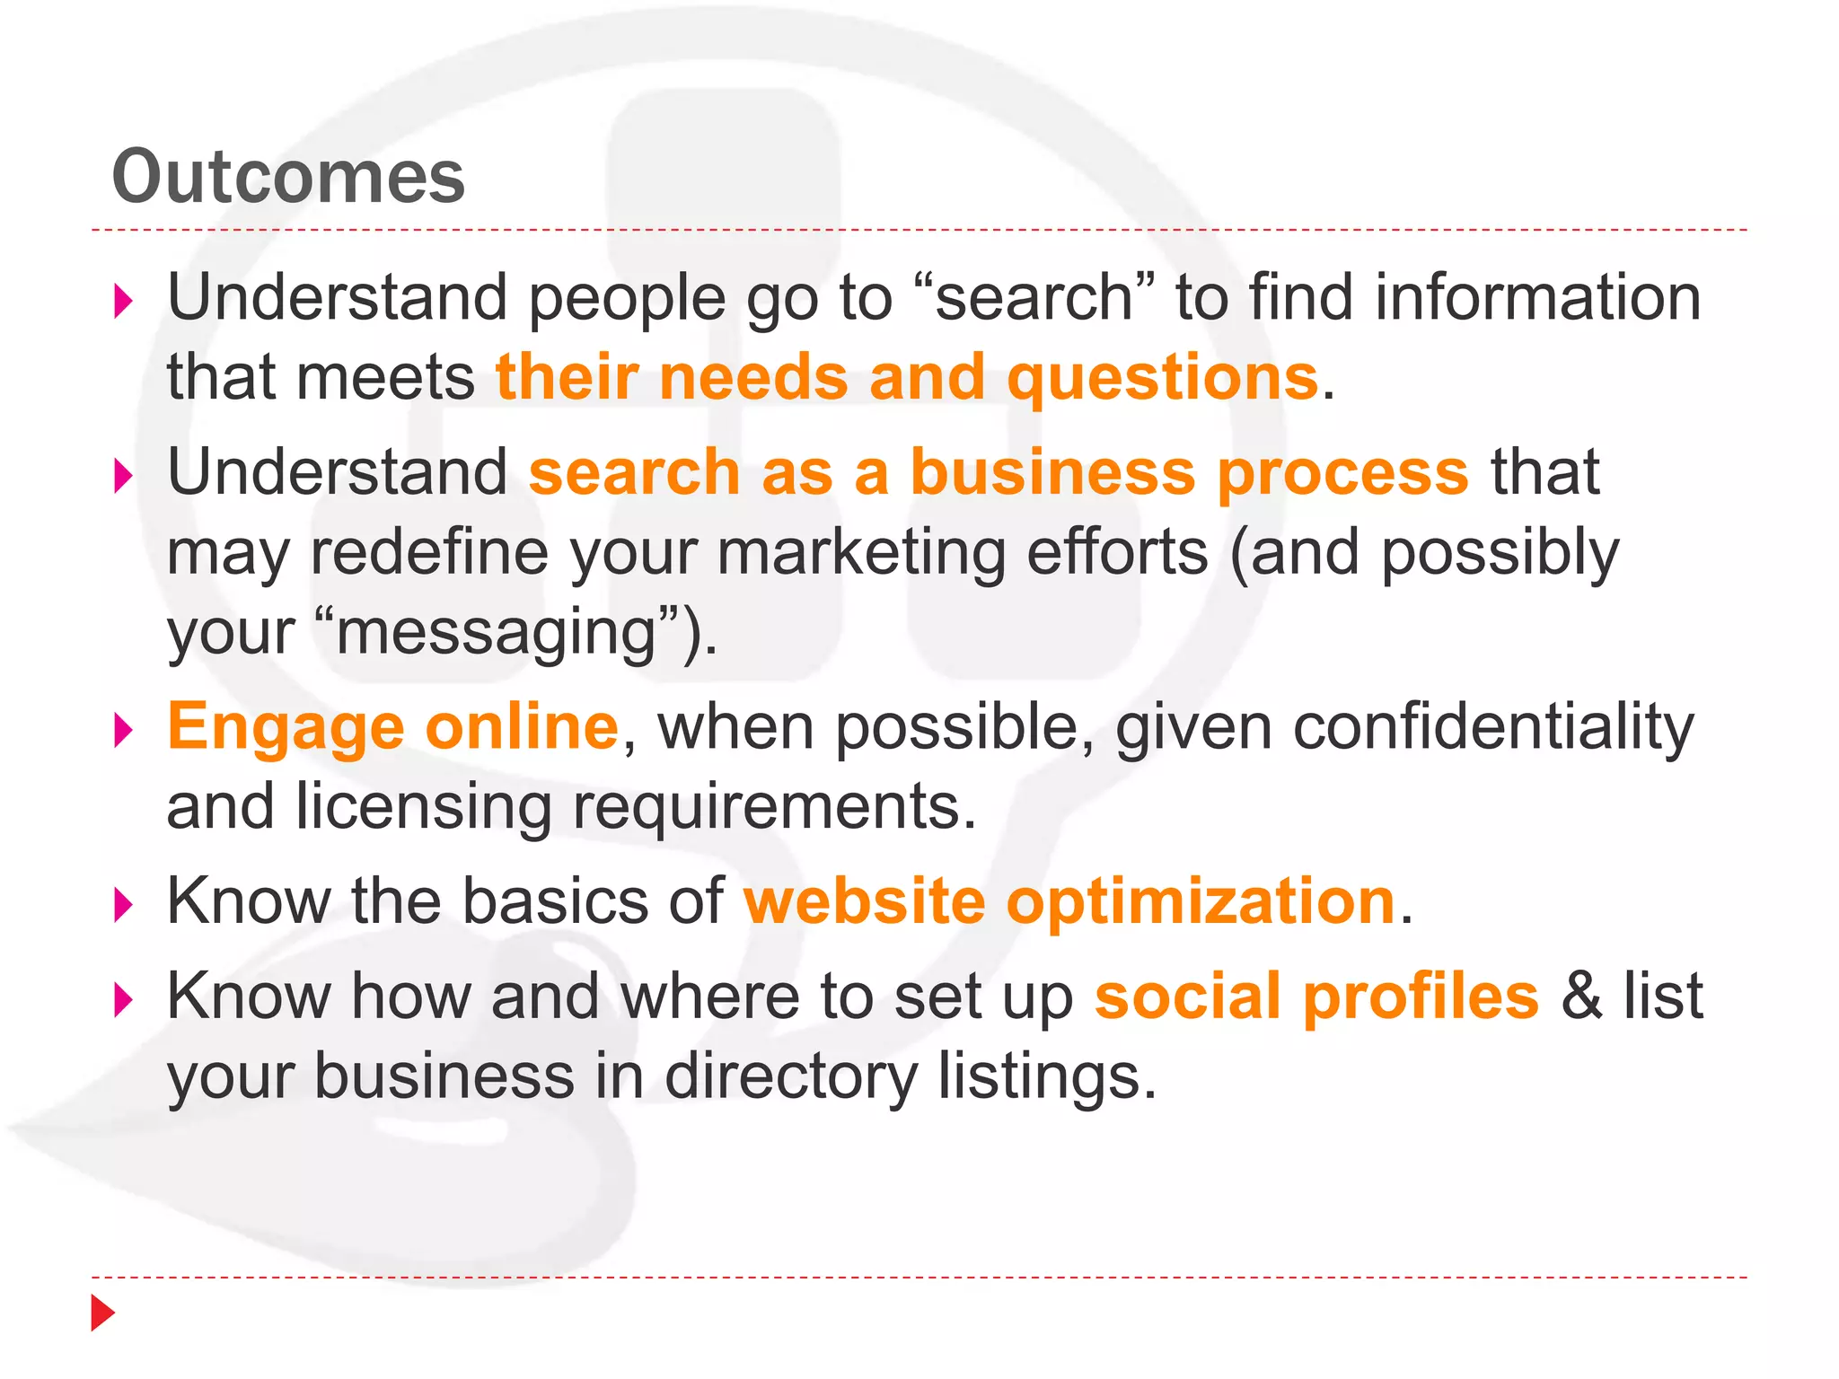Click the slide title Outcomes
(288, 177)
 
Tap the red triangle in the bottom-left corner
(102, 1313)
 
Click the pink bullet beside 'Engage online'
(124, 730)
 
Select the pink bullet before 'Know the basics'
(124, 905)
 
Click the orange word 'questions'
(1162, 378)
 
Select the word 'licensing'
(423, 806)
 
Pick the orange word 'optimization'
(1201, 902)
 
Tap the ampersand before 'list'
(1581, 996)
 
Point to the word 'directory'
(791, 1077)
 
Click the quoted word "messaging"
(496, 632)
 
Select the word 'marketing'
(861, 553)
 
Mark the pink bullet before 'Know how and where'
(124, 1000)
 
